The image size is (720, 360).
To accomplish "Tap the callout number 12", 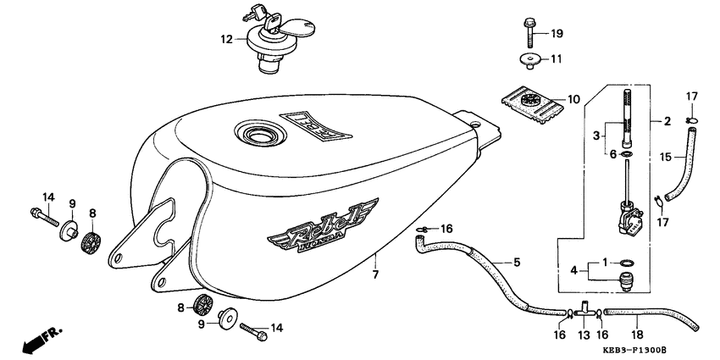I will click(x=226, y=38).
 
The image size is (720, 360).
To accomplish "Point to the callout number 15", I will click(x=666, y=157).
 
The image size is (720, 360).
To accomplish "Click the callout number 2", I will click(x=667, y=122).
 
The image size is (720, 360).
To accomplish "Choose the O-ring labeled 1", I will click(x=624, y=262).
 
